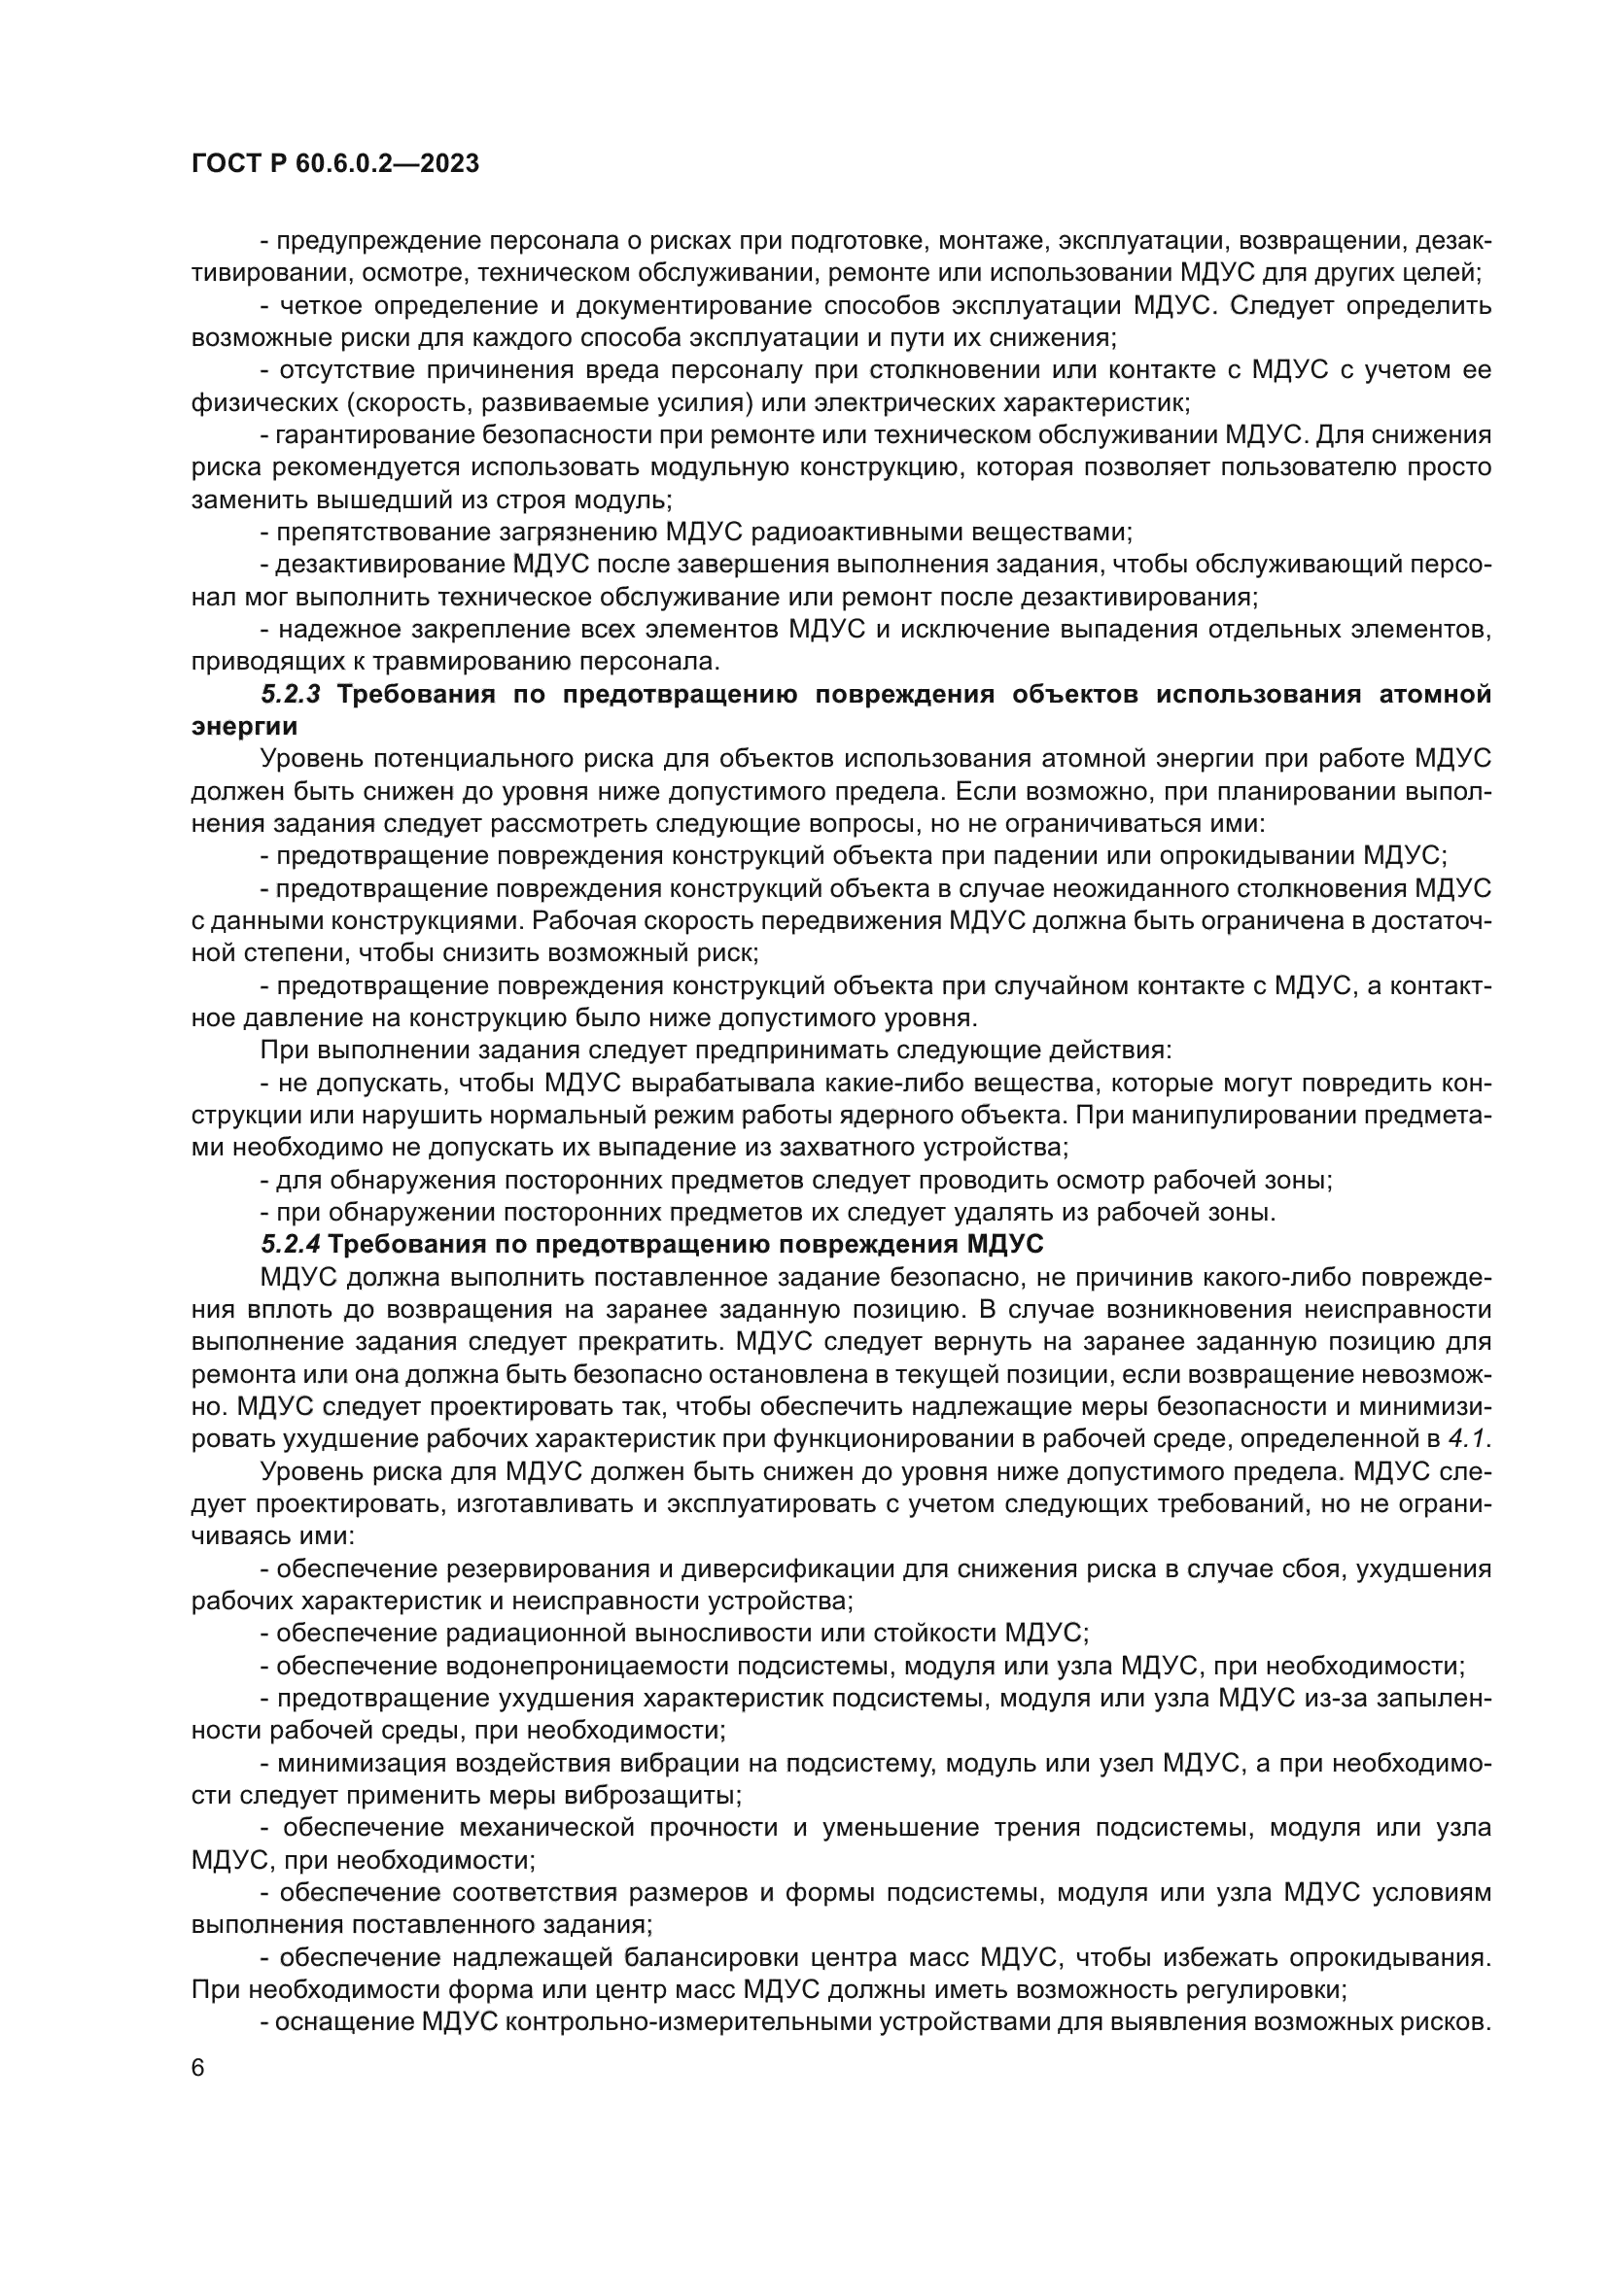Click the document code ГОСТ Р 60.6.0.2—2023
(334, 163)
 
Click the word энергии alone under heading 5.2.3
(244, 726)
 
